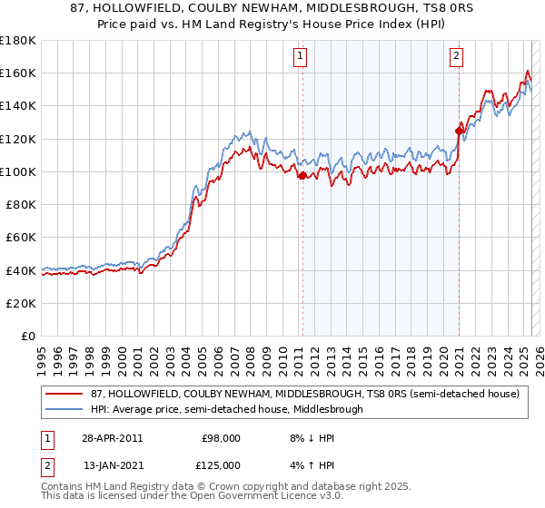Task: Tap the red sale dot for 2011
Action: click(302, 175)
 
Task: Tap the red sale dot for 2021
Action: click(459, 131)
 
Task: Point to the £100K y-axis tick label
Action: click(18, 171)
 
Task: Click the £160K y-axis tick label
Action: click(18, 73)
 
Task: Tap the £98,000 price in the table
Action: click(221, 438)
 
